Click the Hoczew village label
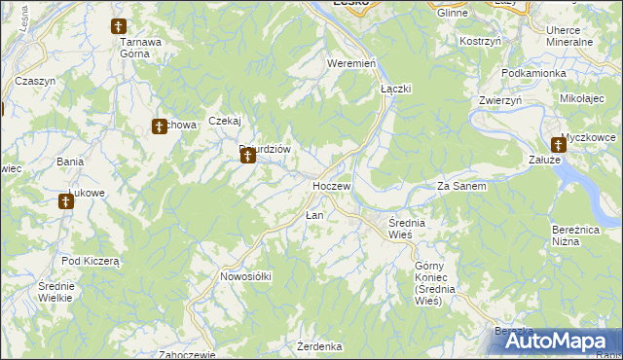(331, 185)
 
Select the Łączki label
(395, 88)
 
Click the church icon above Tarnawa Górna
(119, 26)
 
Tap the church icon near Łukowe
(65, 202)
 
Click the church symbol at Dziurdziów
(247, 155)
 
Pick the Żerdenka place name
(319, 346)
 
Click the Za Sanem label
(461, 185)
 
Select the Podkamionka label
(533, 73)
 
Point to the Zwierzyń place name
(500, 100)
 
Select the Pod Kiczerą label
(90, 261)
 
